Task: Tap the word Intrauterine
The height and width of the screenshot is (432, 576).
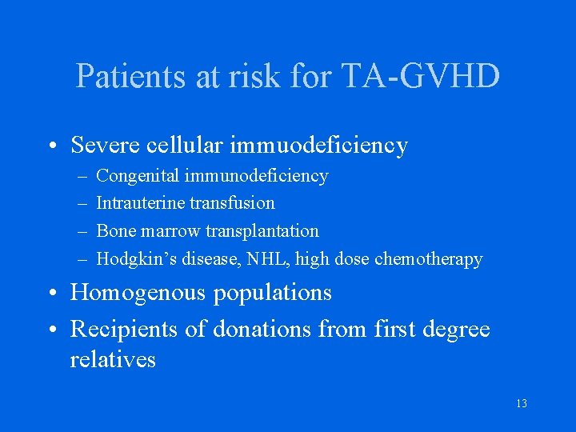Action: point(140,203)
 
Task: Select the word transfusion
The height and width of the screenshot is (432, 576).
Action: point(232,203)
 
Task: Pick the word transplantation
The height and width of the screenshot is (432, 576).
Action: point(262,231)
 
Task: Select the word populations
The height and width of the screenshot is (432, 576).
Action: point(272,293)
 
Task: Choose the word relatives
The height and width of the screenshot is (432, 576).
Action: point(113,359)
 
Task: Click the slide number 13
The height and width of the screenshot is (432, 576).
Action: point(522,403)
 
